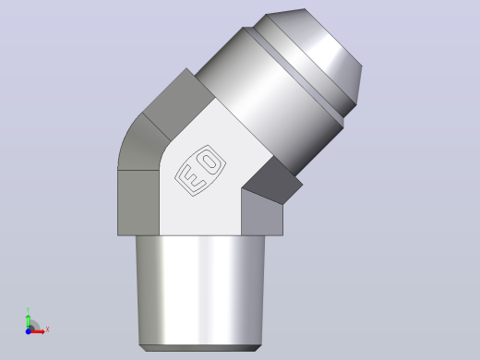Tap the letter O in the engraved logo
coord(210,162)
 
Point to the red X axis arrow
coord(37,331)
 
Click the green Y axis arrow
coord(29,322)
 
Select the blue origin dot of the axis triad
coord(28,331)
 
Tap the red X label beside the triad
coord(47,330)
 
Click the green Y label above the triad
coord(28,310)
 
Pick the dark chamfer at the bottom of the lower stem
coord(200,348)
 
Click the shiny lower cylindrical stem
coord(200,290)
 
